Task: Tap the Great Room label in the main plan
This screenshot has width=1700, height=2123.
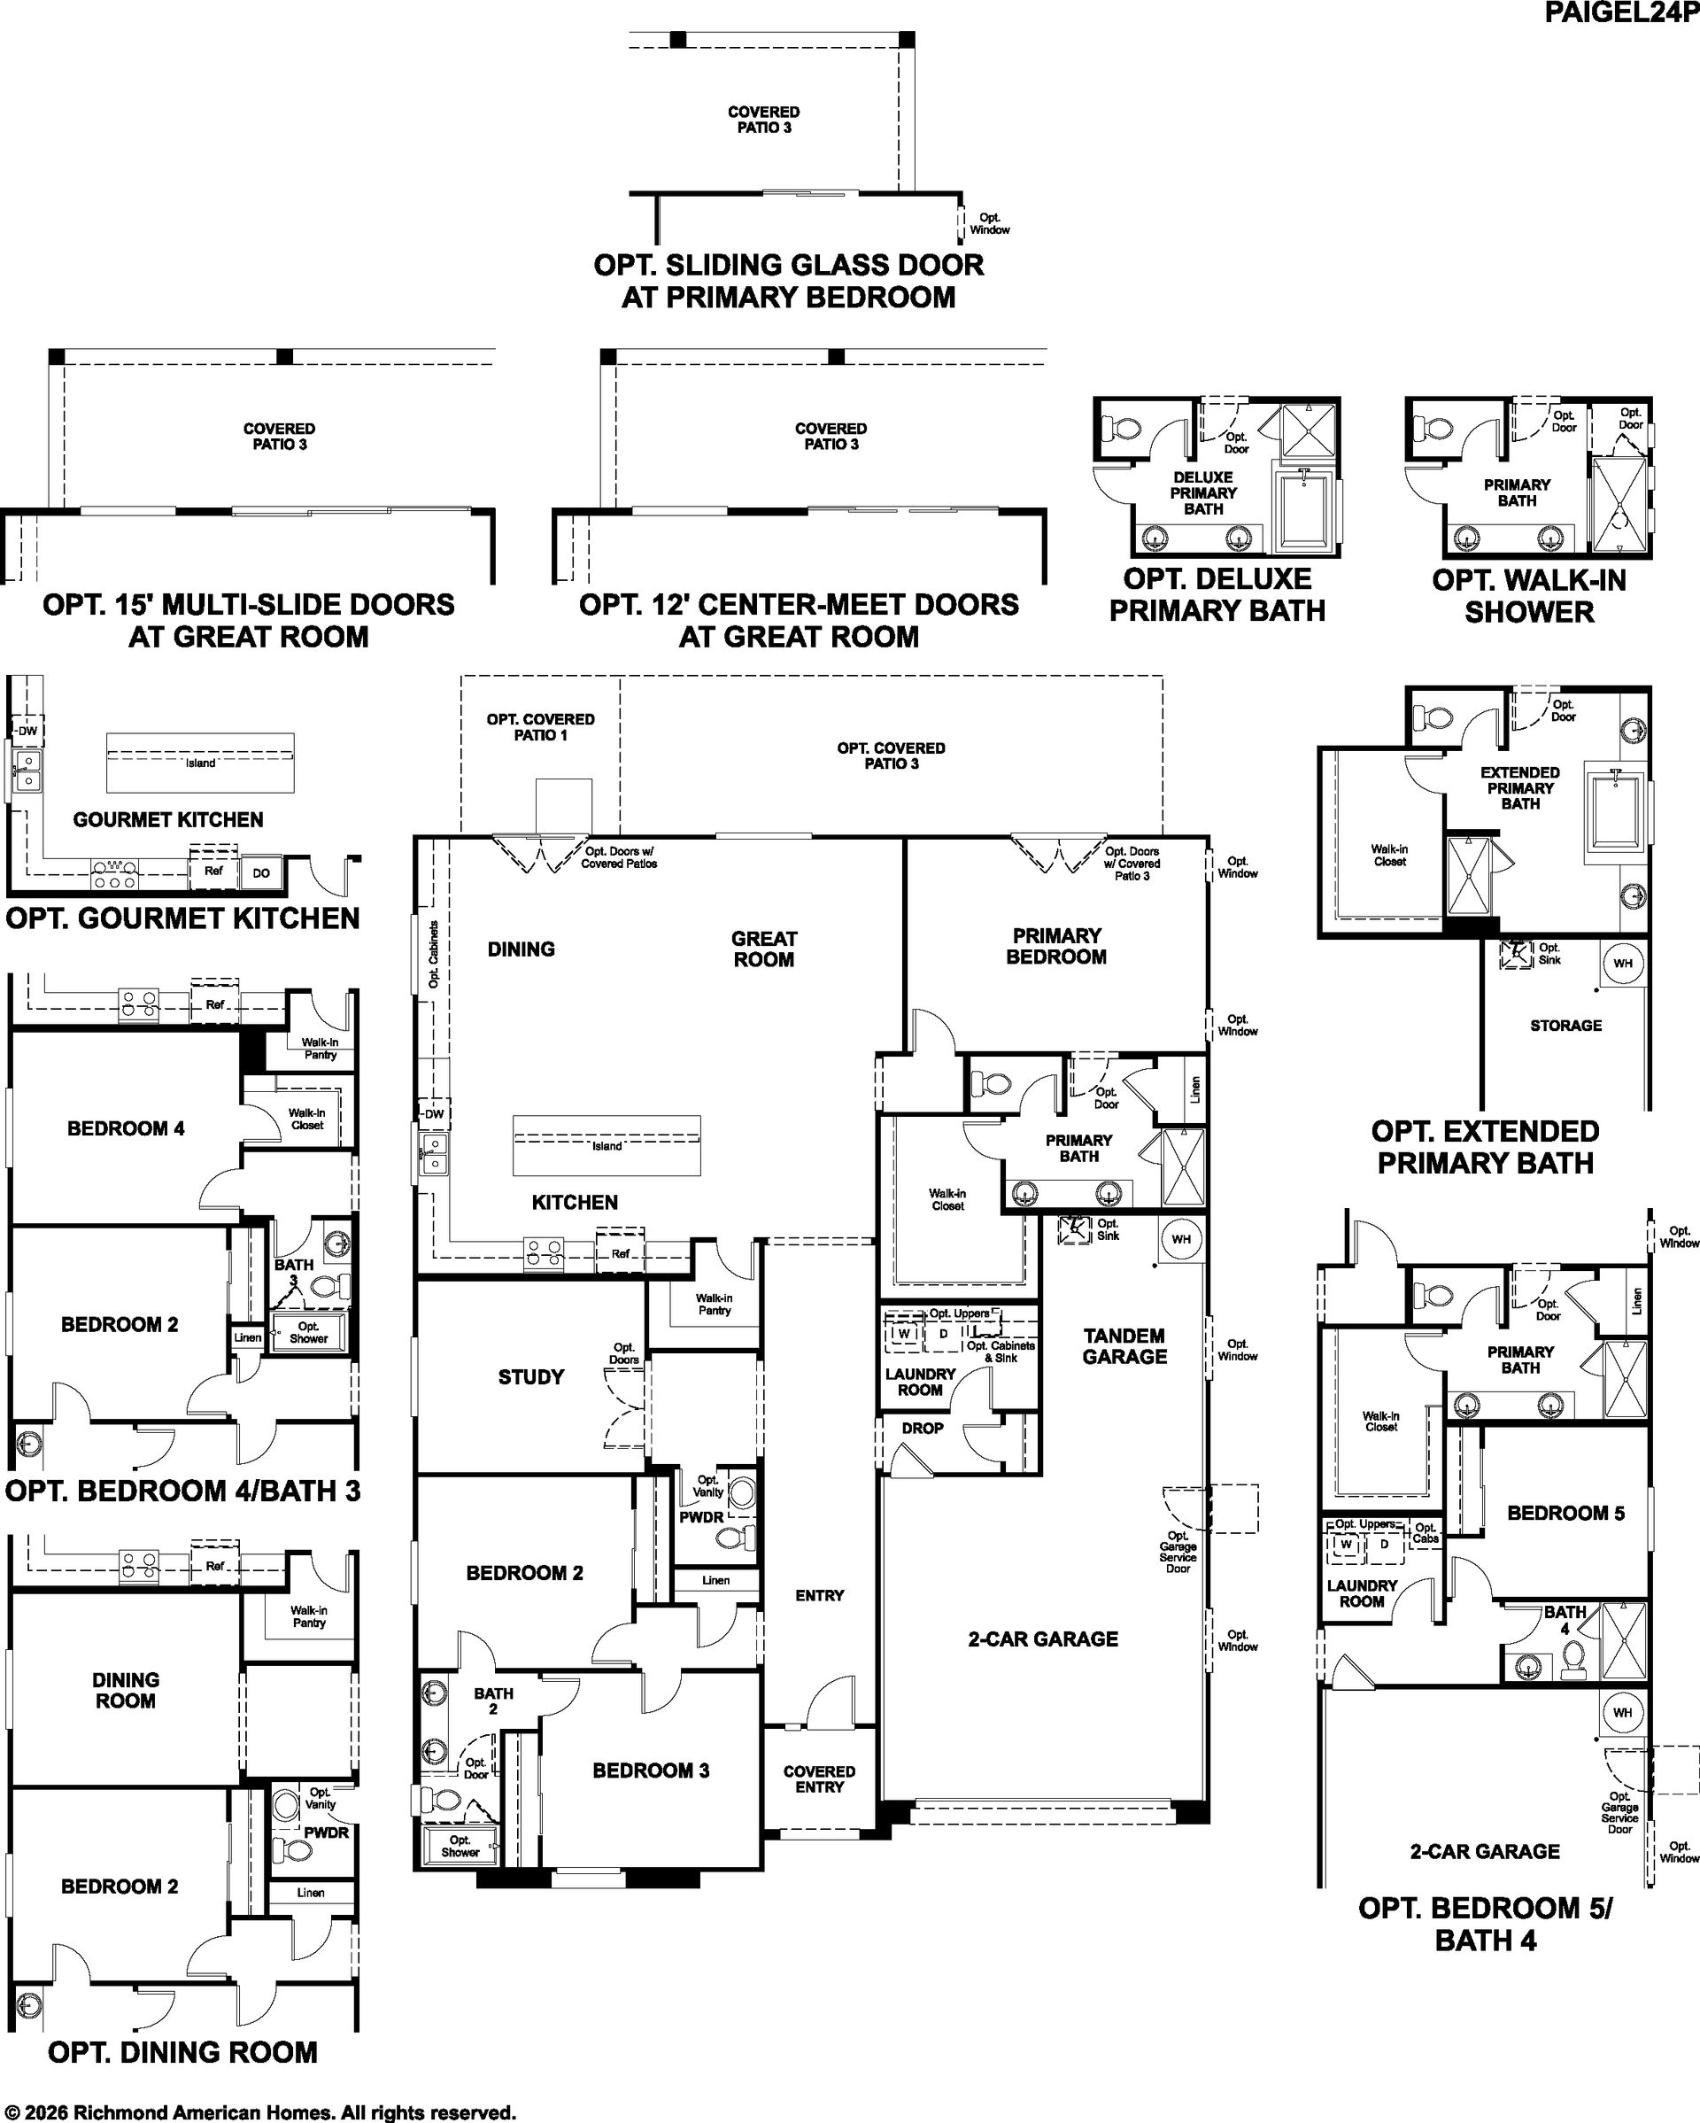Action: [764, 949]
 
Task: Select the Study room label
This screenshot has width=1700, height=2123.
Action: [530, 1376]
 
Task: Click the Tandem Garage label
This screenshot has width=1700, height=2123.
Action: [1124, 1346]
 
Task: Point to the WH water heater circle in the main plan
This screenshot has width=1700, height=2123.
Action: [1181, 1239]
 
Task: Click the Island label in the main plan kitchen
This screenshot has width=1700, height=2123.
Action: [607, 1146]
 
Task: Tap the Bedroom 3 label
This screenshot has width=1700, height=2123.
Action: [651, 1770]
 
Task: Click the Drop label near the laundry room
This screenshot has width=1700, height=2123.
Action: [923, 1428]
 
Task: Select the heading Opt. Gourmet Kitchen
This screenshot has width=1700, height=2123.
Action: [183, 918]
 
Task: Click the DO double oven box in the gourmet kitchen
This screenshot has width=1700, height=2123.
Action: [261, 872]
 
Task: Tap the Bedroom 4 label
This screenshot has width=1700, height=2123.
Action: [126, 1128]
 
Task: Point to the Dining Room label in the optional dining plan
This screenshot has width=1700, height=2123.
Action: [126, 1691]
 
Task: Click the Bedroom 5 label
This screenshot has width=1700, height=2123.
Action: [1566, 1513]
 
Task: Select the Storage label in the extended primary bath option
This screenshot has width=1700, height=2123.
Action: [1565, 1025]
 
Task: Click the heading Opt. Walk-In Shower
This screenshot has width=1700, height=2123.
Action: [1529, 596]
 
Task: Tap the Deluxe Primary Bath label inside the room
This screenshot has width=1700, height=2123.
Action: [1203, 492]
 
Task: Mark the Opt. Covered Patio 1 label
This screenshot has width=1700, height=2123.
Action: [540, 726]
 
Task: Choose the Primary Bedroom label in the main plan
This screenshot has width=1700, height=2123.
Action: [1056, 946]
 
